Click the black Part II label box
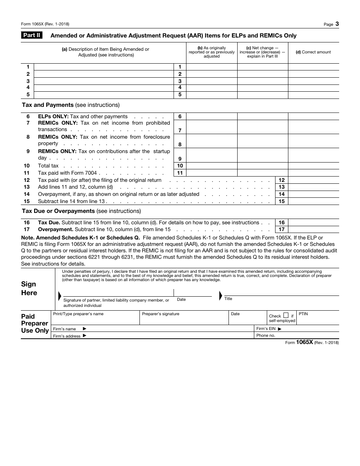[x=32, y=36]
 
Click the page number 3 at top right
[x=337, y=24]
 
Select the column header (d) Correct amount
[x=313, y=52]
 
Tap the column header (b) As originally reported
[x=211, y=52]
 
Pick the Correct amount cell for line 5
[x=313, y=95]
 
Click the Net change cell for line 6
[x=263, y=117]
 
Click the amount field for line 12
[x=313, y=180]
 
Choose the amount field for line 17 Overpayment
[x=313, y=230]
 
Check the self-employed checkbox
[x=286, y=315]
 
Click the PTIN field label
[x=303, y=314]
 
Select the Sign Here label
[x=29, y=288]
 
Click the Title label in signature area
[x=228, y=299]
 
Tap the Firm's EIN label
[x=269, y=329]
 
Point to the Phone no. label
[x=266, y=336]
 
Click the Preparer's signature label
[x=161, y=314]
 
